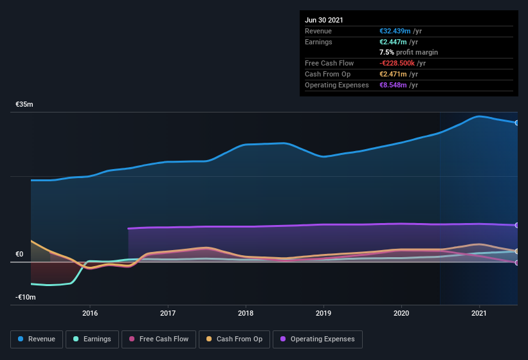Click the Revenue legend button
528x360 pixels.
[37, 339]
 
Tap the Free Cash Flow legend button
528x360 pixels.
[159, 339]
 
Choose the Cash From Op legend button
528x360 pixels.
[233, 339]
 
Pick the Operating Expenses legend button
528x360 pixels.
[318, 339]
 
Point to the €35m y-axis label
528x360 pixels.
[24, 104]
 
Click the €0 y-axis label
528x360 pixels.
[20, 255]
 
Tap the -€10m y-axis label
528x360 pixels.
[26, 297]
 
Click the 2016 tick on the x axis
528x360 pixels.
[90, 313]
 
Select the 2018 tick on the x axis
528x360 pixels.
[245, 313]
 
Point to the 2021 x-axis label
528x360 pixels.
[478, 313]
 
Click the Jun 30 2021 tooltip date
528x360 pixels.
[324, 20]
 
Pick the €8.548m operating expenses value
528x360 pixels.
[394, 85]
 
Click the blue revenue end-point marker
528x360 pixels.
[516, 122]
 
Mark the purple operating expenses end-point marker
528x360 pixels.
[516, 225]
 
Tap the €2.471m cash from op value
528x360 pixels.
[394, 74]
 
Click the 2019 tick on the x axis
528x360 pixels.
[323, 313]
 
